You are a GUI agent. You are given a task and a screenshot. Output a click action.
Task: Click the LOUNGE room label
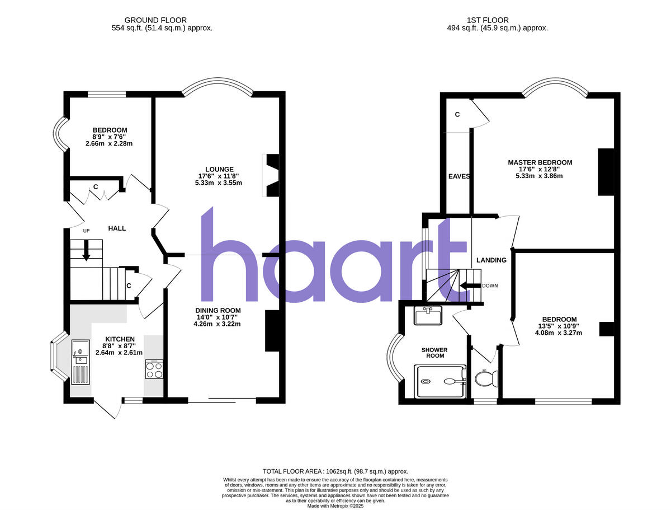click(219, 169)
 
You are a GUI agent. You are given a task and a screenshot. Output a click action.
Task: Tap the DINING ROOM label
click(218, 311)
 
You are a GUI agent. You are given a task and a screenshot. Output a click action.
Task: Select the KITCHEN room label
click(120, 339)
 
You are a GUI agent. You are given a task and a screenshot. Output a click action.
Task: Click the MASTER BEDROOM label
click(540, 162)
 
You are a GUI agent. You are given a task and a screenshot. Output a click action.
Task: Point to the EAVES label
click(459, 176)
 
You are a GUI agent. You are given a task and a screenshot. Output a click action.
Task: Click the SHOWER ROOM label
click(435, 353)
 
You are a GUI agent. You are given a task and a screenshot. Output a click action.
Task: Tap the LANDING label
click(491, 260)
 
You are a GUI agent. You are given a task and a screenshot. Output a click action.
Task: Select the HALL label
click(117, 228)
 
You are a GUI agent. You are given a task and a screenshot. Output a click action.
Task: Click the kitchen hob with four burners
click(154, 369)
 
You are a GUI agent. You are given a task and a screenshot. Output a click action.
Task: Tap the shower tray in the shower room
click(440, 382)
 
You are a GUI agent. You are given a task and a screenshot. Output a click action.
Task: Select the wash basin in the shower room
click(428, 315)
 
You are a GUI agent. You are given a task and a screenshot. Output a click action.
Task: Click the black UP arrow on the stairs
click(86, 250)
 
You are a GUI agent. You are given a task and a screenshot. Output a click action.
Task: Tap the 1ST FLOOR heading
click(497, 20)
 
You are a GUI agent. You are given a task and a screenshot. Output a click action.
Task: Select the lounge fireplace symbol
click(271, 175)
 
